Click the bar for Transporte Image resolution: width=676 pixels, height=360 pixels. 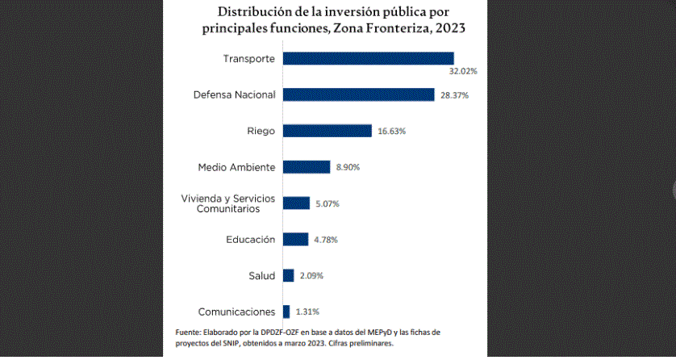click(x=368, y=58)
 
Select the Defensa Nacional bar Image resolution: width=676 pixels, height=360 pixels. click(x=358, y=94)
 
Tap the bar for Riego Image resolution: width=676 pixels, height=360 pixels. click(x=327, y=131)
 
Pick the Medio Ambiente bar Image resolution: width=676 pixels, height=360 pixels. click(x=307, y=167)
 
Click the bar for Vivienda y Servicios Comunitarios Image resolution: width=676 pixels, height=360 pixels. click(x=296, y=203)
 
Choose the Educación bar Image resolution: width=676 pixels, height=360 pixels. click(x=295, y=239)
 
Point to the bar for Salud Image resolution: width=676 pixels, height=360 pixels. click(x=288, y=275)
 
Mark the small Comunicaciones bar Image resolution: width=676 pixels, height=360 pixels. click(x=286, y=312)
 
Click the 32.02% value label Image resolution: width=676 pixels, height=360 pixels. click(x=463, y=71)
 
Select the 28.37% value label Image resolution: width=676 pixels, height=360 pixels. click(x=454, y=95)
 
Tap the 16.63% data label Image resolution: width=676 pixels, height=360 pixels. click(x=391, y=131)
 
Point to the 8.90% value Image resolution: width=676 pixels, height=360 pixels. click(x=348, y=167)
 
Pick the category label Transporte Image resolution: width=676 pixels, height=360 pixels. click(x=249, y=58)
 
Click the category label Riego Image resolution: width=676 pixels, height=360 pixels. click(x=261, y=131)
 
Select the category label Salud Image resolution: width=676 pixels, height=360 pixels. click(x=261, y=275)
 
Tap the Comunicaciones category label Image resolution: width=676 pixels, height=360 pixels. click(x=236, y=312)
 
